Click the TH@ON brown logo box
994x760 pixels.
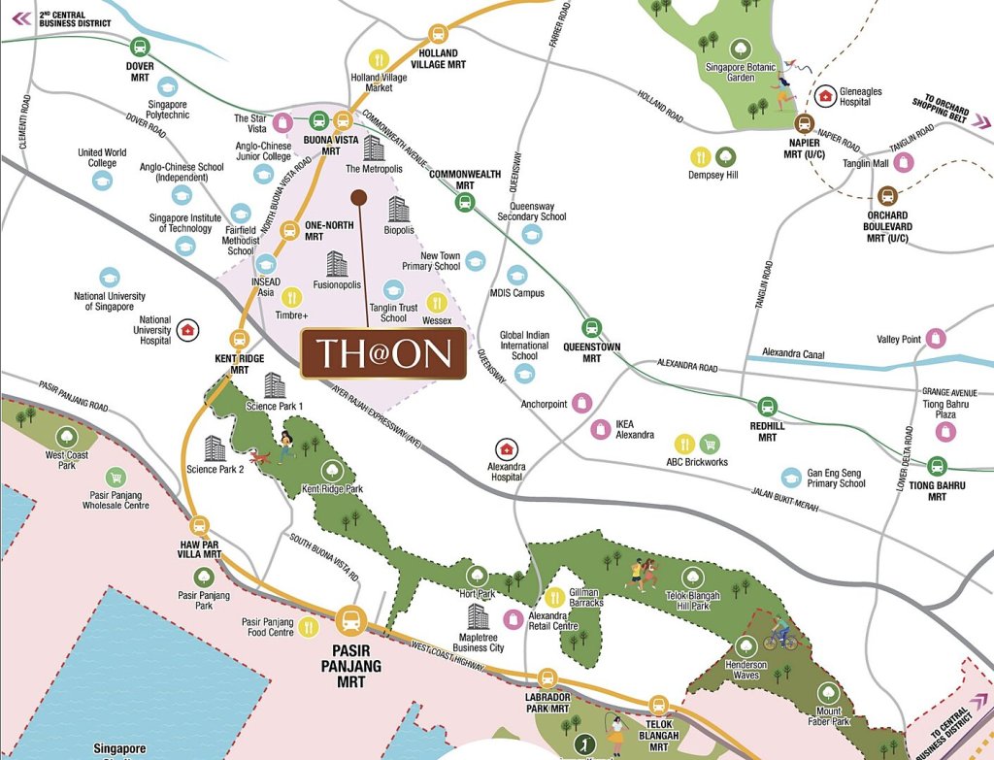[383, 352]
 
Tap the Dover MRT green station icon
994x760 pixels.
[140, 47]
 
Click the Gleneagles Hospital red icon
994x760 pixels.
[825, 95]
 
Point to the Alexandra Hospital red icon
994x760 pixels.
[505, 448]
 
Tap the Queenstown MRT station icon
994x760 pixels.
[592, 328]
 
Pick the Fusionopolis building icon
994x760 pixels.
[337, 264]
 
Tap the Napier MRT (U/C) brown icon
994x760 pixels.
[804, 124]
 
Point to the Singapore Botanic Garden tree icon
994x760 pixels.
[740, 47]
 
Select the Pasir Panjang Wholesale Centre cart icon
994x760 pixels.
[116, 477]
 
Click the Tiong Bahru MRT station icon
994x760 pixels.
[937, 466]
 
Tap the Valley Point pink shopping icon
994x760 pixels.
[936, 338]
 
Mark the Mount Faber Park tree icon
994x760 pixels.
[828, 692]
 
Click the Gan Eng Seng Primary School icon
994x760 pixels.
[793, 478]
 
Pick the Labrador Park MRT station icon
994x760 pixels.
[547, 678]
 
